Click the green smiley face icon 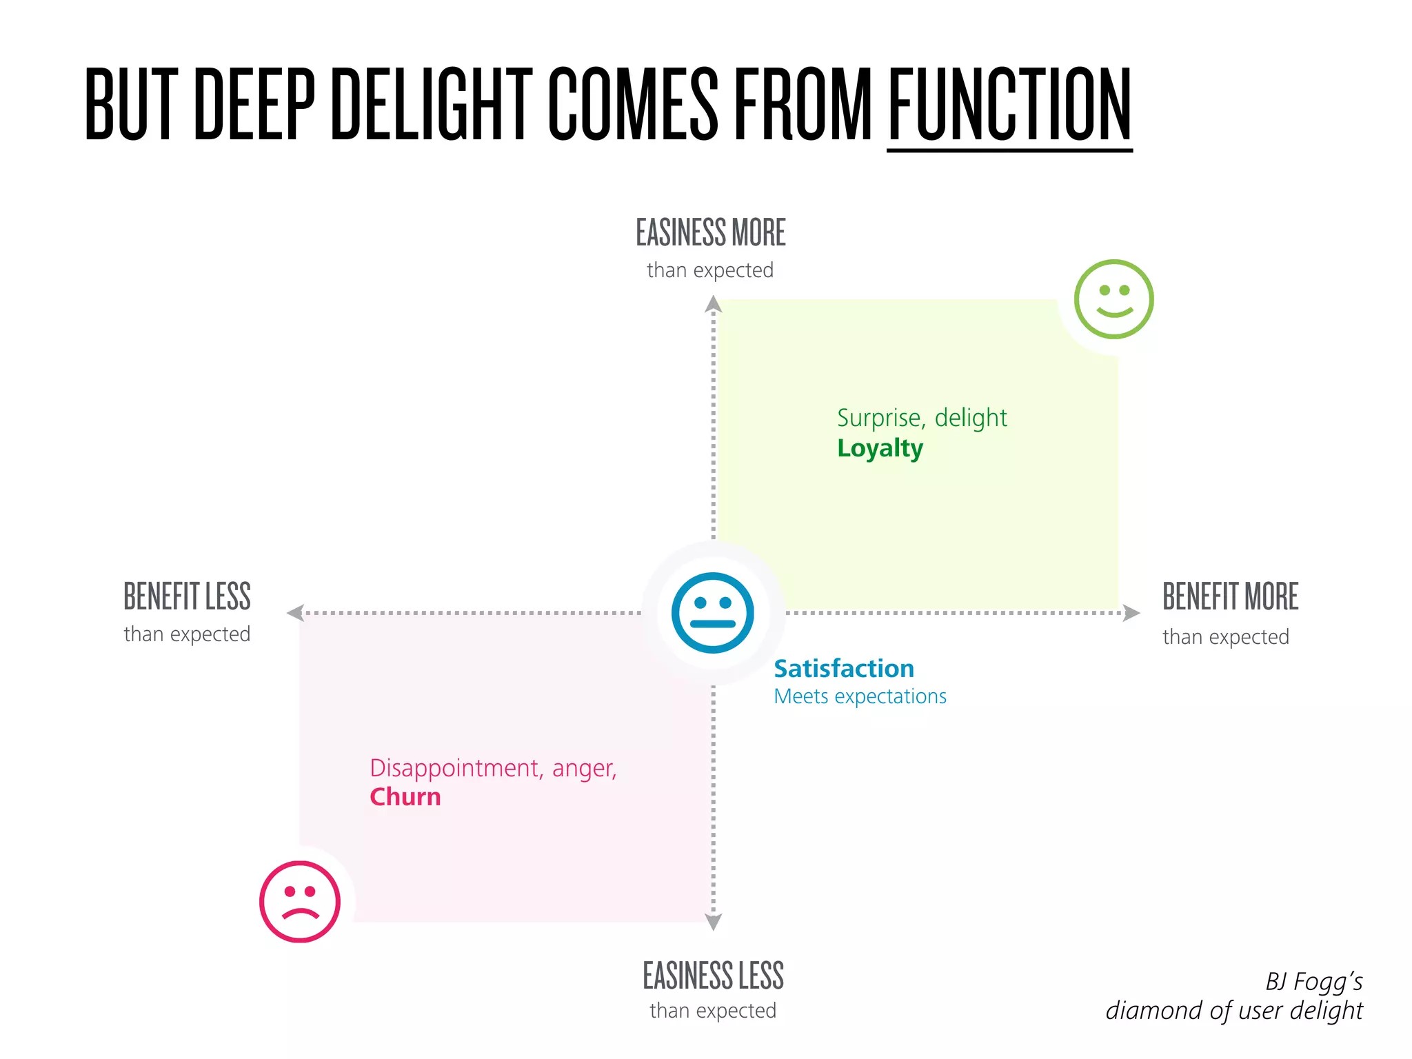tap(1113, 299)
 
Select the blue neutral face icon tap(713, 612)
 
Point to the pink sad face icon tap(300, 901)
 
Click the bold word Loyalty tap(880, 448)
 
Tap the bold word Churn tap(405, 797)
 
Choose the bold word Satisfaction tap(844, 668)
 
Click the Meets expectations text tap(860, 696)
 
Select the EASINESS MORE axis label tap(711, 232)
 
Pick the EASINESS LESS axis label tap(713, 976)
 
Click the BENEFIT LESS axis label tap(187, 596)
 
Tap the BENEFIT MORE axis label tap(1230, 596)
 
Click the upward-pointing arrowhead tap(714, 304)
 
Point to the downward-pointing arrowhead tap(714, 922)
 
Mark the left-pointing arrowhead tap(295, 612)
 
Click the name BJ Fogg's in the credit tap(1313, 981)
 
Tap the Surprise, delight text tap(922, 418)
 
